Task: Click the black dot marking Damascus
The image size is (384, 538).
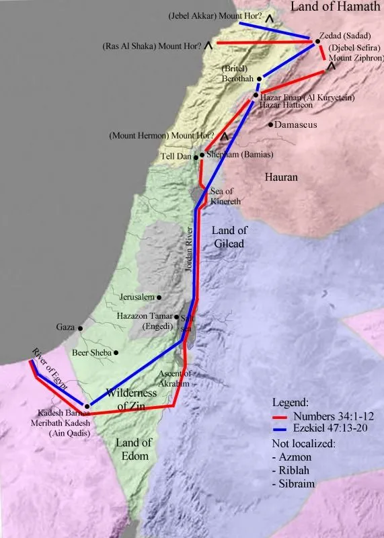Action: point(270,124)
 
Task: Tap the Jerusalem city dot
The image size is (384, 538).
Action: point(159,297)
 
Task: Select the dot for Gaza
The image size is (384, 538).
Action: point(81,328)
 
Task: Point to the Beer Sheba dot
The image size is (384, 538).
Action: point(116,352)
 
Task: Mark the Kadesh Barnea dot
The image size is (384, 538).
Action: point(87,406)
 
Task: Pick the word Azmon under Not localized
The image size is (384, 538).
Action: point(293,457)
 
